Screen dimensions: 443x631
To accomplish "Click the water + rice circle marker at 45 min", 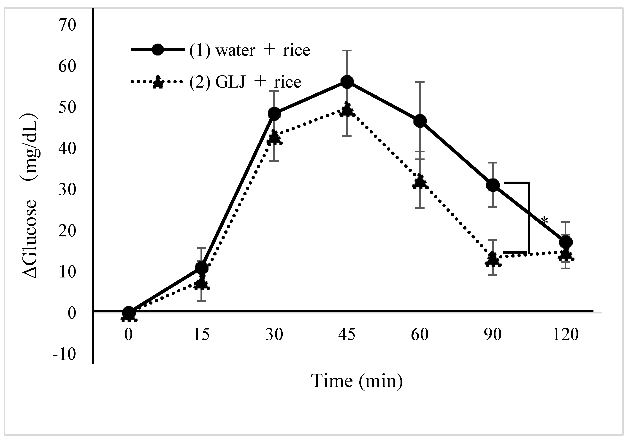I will [x=347, y=82].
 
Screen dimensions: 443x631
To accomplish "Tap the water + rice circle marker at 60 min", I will [x=420, y=121].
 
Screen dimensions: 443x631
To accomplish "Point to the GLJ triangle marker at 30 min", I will [x=275, y=137].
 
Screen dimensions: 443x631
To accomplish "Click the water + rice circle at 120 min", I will [x=566, y=242].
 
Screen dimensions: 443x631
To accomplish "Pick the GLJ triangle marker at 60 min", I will [x=420, y=182].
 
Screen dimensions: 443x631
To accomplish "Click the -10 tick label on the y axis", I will [x=64, y=354].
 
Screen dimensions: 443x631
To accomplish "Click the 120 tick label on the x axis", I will [x=566, y=335].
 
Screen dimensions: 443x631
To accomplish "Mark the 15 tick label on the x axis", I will [x=201, y=335].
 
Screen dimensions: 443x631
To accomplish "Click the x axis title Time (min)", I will [x=357, y=381].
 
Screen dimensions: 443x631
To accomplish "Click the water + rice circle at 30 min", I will [x=274, y=114].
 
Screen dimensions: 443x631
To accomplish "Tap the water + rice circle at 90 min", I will [x=493, y=185].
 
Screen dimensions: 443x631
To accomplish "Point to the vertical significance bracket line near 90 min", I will [x=528, y=218].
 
